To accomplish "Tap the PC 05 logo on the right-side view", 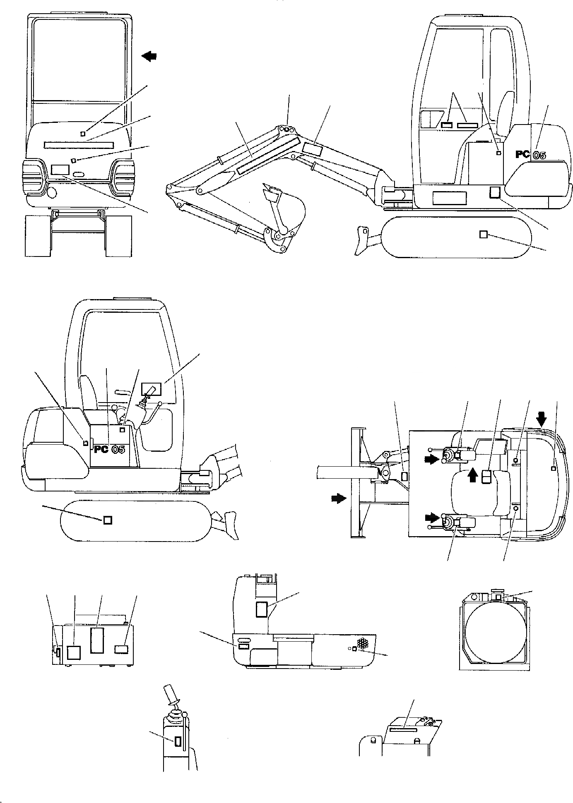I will click(x=530, y=155).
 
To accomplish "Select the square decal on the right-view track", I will click(x=483, y=235).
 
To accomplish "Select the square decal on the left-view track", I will click(x=107, y=520).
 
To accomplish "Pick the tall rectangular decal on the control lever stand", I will click(x=178, y=741).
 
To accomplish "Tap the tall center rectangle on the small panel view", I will click(x=97, y=640).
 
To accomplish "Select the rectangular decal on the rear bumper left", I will click(x=60, y=170).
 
